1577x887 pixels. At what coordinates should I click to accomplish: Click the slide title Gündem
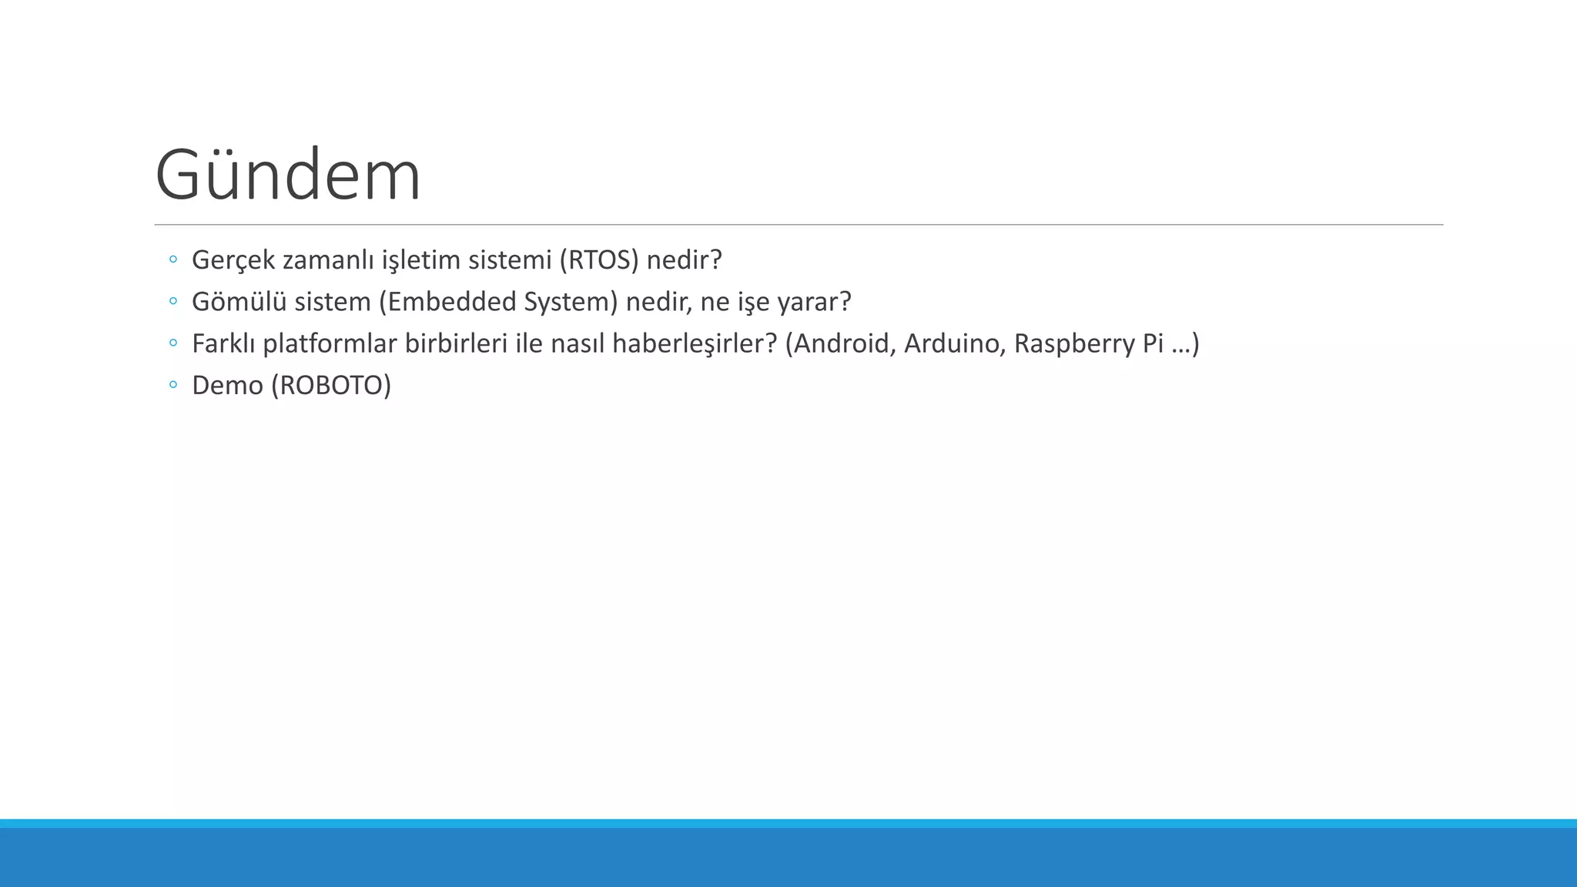288,176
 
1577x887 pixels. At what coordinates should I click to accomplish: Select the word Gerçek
233,260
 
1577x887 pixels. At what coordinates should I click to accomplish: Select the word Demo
227,385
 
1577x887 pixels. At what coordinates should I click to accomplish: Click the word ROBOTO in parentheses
331,385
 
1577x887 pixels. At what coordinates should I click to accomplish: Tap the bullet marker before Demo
173,384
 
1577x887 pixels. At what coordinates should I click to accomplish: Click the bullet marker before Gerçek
173,259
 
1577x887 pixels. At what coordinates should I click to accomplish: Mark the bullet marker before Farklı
173,343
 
